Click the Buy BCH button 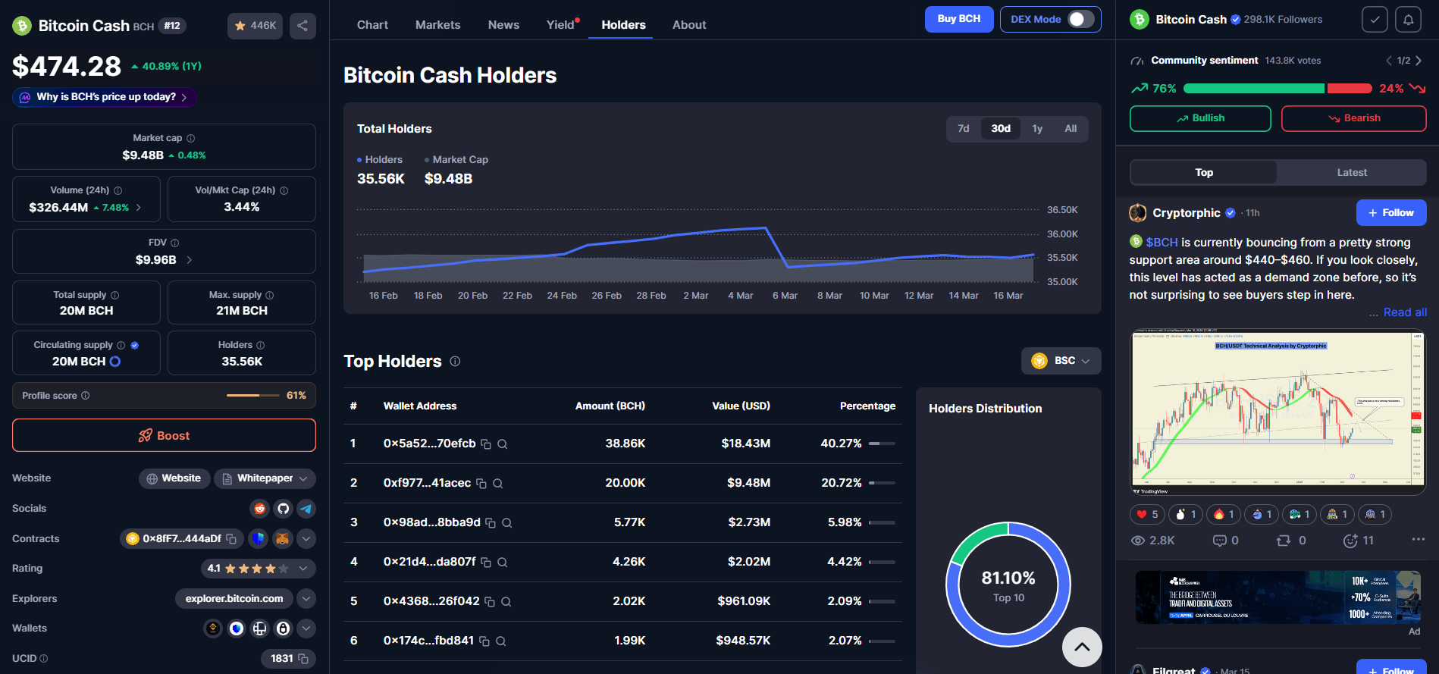958,19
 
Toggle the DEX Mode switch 1081,19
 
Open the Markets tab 437,25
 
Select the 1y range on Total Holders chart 1036,129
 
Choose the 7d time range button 963,129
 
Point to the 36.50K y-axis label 1061,210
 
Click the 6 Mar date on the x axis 785,296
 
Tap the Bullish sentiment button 1199,118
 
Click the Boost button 164,435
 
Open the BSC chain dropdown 1061,361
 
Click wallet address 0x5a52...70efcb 429,444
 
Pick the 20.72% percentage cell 841,483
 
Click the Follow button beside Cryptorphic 1390,213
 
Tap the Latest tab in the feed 1351,173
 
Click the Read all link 1404,312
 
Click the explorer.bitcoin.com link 234,599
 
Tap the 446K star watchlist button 255,26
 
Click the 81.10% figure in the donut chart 1008,578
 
